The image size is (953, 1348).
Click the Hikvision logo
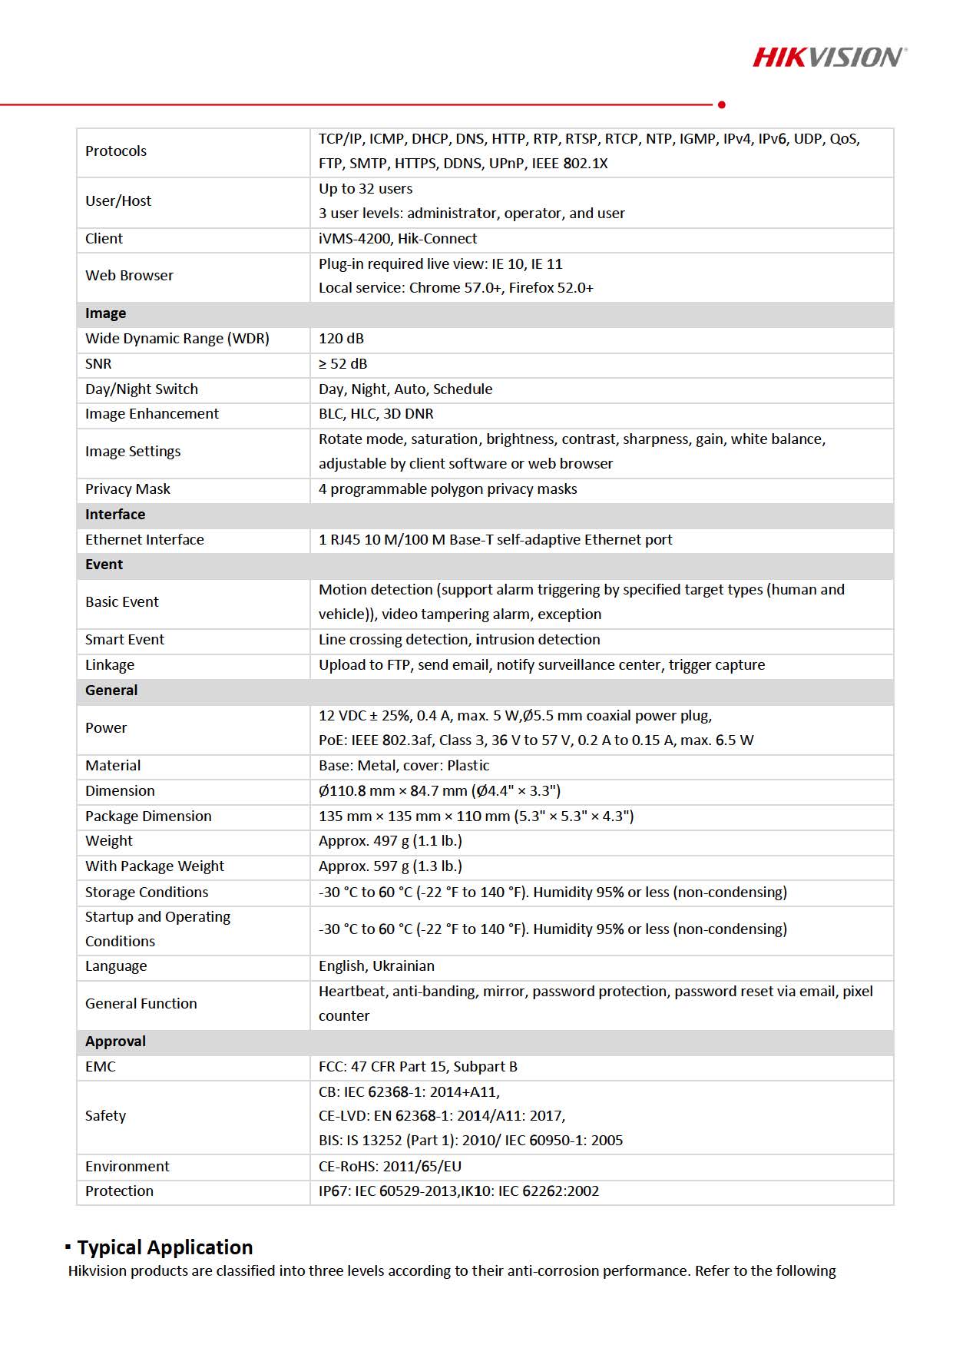[829, 57]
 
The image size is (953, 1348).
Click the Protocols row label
[116, 151]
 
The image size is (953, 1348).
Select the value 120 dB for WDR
[341, 339]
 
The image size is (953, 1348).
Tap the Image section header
[106, 313]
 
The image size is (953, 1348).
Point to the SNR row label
[98, 364]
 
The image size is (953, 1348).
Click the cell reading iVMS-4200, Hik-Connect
[398, 239]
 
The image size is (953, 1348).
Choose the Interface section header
[115, 515]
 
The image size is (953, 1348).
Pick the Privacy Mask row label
[127, 489]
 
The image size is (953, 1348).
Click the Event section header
[104, 565]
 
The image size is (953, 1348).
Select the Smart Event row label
[124, 640]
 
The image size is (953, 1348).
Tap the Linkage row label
[110, 665]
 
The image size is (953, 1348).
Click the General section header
[111, 691]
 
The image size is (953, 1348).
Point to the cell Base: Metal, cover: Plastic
[404, 766]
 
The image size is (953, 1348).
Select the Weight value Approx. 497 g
[390, 841]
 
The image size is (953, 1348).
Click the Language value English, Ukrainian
[376, 966]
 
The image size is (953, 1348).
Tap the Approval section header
[115, 1042]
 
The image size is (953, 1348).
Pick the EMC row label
[101, 1067]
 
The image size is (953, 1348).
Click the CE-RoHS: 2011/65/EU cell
[390, 1167]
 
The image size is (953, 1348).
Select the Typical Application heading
[164, 1247]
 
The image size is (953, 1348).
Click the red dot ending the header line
[721, 104]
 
